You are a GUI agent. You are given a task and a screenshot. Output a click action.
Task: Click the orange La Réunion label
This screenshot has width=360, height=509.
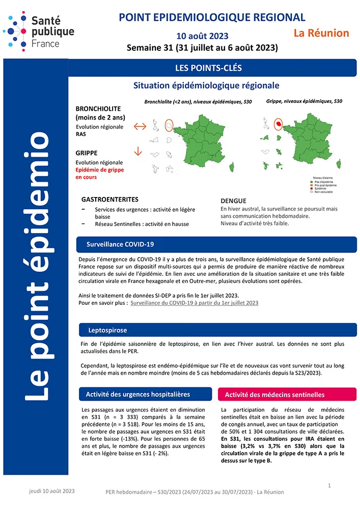tap(321, 34)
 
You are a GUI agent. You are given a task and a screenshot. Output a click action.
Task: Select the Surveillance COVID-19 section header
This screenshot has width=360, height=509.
tap(120, 244)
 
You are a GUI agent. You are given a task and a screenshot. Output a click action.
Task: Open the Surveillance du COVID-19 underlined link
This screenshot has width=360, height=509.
tap(195, 303)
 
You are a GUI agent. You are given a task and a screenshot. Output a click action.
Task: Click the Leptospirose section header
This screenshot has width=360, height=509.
tap(107, 330)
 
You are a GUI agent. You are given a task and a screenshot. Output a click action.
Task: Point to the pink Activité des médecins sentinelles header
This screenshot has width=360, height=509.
tap(274, 394)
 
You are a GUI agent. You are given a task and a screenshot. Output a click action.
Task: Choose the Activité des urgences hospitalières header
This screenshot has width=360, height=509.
tap(138, 394)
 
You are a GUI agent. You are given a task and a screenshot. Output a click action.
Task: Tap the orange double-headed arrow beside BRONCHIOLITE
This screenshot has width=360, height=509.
tap(140, 126)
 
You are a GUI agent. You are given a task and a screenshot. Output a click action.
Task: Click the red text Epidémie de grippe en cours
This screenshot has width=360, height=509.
tap(99, 173)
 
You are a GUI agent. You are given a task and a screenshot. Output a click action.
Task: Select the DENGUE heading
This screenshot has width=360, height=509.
tap(233, 201)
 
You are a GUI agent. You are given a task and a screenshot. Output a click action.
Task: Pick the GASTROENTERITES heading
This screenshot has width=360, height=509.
tap(109, 200)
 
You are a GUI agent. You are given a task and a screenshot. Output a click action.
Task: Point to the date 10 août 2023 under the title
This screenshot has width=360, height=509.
tap(202, 36)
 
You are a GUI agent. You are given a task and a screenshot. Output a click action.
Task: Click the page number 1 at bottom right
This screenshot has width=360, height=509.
tap(329, 486)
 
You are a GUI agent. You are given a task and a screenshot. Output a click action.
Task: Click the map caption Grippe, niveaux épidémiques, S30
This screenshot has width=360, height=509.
tap(304, 101)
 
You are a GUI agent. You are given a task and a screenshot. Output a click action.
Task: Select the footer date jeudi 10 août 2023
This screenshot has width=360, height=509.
tap(51, 491)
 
